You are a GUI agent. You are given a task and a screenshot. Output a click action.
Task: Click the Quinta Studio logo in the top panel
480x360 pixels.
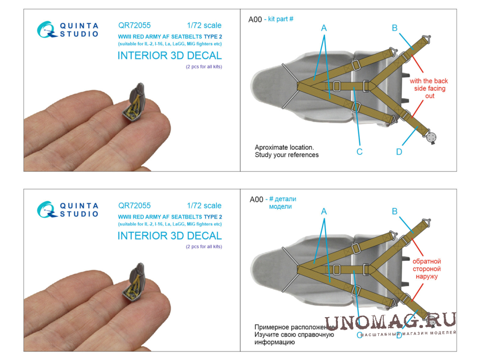[67, 29]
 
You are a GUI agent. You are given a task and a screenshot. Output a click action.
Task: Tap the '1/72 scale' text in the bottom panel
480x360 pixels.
[204, 206]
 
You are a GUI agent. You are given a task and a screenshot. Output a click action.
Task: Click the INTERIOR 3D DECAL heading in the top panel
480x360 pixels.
[169, 56]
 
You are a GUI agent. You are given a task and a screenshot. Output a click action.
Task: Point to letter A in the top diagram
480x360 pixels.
[324, 28]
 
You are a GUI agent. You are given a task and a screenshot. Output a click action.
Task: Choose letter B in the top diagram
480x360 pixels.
[394, 28]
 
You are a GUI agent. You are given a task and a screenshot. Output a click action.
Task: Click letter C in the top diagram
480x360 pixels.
[360, 152]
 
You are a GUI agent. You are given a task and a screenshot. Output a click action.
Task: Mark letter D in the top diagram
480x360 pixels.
[399, 152]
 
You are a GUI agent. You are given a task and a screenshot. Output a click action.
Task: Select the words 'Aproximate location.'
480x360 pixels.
[284, 147]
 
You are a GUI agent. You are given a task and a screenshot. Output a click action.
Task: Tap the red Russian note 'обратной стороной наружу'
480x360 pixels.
[427, 269]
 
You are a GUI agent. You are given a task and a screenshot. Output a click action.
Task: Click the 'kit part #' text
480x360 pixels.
[281, 19]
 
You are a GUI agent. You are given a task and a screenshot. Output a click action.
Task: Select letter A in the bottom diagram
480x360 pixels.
[324, 212]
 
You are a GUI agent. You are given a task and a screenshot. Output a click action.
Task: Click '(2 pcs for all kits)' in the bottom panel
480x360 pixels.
[203, 247]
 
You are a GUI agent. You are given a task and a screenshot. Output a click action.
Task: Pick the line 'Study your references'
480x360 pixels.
[287, 155]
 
